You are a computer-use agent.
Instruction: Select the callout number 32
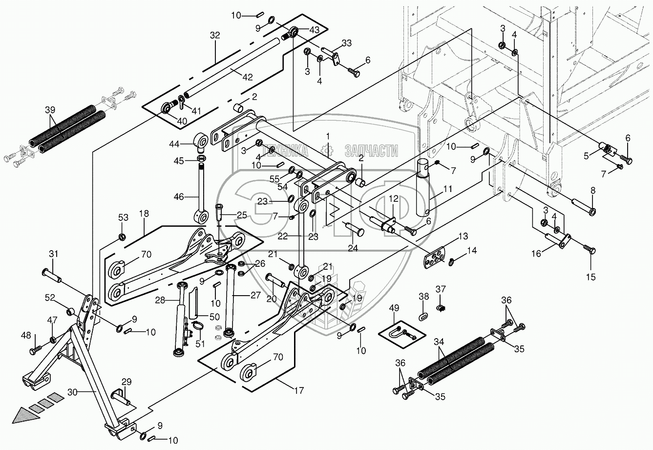[x=215, y=35]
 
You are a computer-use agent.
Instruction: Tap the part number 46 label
[x=179, y=197]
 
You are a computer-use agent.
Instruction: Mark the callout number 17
[x=298, y=390]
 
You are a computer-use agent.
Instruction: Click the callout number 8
[x=593, y=190]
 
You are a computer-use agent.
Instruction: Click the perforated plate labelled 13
[x=434, y=257]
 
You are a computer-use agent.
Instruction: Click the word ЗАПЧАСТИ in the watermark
[x=371, y=151]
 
